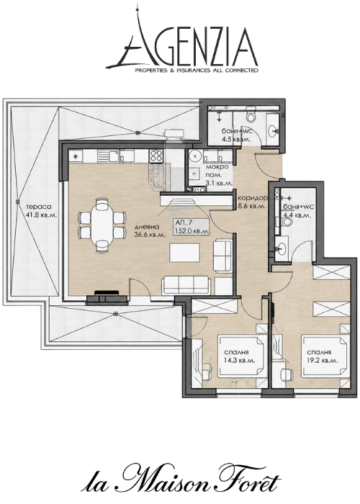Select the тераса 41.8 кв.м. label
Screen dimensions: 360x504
(42, 212)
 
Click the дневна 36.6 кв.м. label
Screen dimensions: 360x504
(150, 231)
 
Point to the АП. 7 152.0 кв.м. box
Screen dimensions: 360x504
(192, 227)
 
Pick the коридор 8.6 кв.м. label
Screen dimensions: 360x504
(251, 202)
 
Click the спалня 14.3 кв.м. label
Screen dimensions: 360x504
(240, 357)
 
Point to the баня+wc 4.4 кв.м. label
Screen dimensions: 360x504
(297, 211)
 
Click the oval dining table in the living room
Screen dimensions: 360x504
(102, 224)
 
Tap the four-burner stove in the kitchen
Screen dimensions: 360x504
(156, 156)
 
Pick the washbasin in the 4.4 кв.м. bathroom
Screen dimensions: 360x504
(282, 248)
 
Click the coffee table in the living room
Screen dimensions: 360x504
(185, 253)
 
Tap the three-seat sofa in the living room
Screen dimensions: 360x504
(186, 286)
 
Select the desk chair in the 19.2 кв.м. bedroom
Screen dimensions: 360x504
(286, 374)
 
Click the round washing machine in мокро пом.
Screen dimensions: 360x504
(194, 156)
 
